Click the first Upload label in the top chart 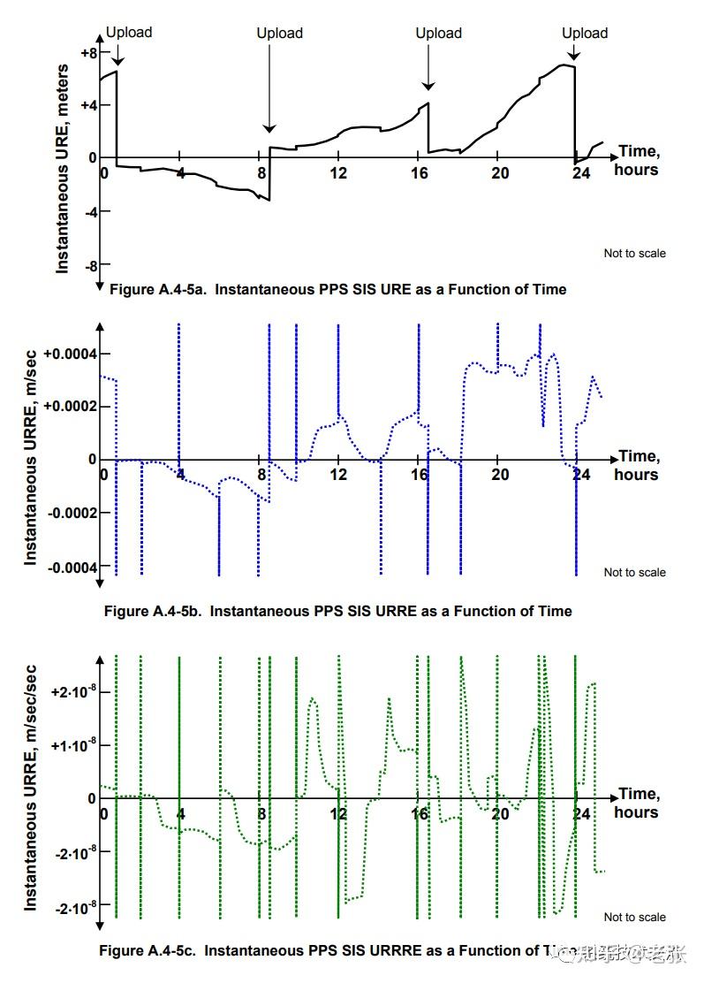(x=129, y=33)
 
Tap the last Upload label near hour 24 (x=585, y=34)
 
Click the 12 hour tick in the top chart (x=337, y=173)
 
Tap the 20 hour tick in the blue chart (x=500, y=475)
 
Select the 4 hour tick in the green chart (x=180, y=813)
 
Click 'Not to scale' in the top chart (x=634, y=254)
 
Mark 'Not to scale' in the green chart (x=634, y=917)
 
